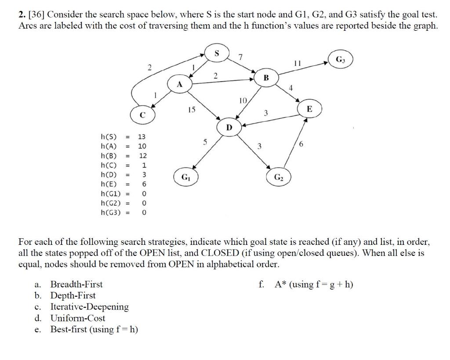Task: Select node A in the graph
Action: (179, 84)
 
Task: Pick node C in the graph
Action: (142, 115)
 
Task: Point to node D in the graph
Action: (229, 127)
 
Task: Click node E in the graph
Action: (309, 109)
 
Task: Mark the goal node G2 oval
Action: (279, 178)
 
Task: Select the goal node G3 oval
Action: (341, 59)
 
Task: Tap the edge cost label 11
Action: (297, 63)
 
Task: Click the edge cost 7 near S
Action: (240, 57)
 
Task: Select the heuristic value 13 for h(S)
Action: (142, 136)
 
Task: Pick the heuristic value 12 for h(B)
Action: (142, 156)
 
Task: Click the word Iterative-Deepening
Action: (90, 307)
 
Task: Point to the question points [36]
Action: (36, 15)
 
